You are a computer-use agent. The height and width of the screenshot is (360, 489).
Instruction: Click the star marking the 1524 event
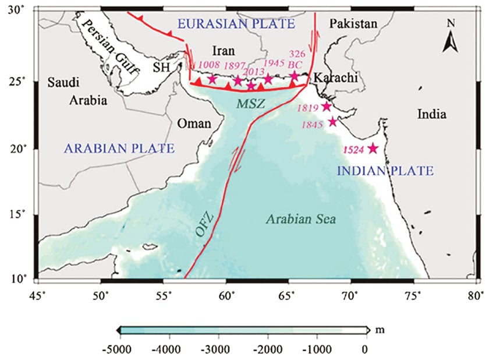pos(373,149)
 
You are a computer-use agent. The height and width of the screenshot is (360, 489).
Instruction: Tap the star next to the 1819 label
pos(327,107)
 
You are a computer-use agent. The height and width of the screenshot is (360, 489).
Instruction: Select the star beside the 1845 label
pos(333,122)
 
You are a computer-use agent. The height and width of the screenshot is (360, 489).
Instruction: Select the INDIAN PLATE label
pos(386,171)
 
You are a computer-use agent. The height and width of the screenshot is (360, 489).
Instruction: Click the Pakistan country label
pos(353,23)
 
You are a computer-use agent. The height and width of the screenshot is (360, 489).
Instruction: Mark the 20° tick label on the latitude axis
pos(22,149)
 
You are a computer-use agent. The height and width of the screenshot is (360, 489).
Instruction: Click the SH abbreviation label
pos(161,68)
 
